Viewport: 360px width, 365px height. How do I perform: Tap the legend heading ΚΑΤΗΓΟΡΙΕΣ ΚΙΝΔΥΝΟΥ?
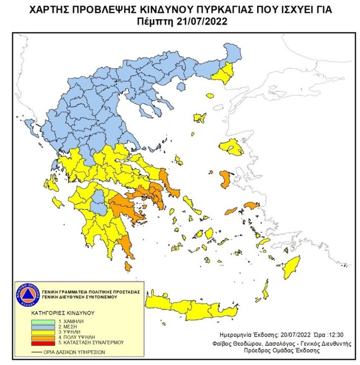pyautogui.click(x=63, y=313)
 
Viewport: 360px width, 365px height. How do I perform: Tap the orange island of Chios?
pyautogui.click(x=224, y=179)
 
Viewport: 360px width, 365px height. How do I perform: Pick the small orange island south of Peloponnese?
pyautogui.click(x=128, y=267)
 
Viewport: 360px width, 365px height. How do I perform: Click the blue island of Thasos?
pyautogui.click(x=210, y=96)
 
